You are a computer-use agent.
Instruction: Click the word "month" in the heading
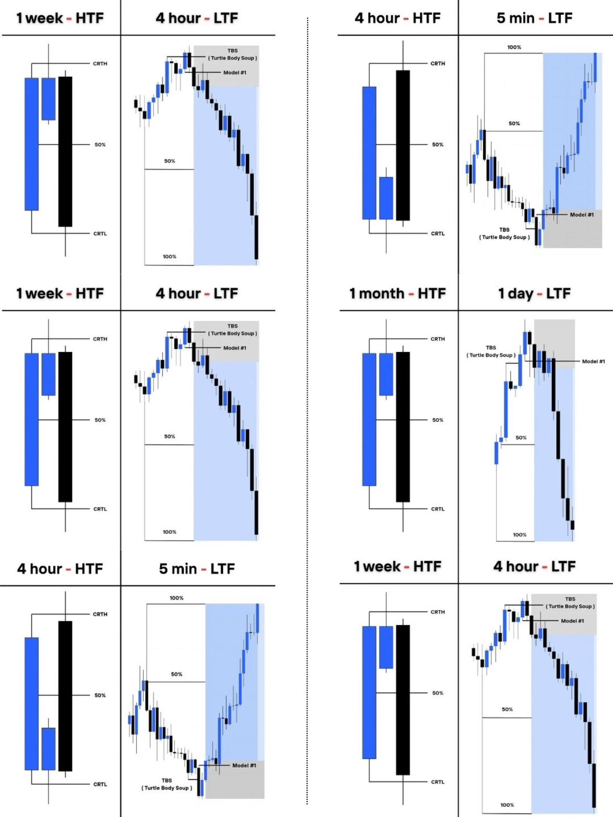pyautogui.click(x=381, y=294)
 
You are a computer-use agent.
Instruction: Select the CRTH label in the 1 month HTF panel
pyautogui.click(x=438, y=339)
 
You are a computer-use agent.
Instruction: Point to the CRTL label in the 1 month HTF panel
pyautogui.click(x=438, y=509)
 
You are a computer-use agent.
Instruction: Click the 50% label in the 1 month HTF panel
pyautogui.click(x=438, y=420)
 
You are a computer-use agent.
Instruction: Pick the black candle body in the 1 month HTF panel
pyautogui.click(x=403, y=426)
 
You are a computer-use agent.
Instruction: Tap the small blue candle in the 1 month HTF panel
pyautogui.click(x=386, y=374)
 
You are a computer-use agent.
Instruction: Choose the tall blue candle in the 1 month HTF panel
pyautogui.click(x=369, y=419)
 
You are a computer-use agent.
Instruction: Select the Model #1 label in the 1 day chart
pyautogui.click(x=593, y=362)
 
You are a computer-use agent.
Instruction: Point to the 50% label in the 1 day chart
pyautogui.click(x=521, y=438)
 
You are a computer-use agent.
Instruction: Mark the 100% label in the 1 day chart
pyautogui.click(x=520, y=535)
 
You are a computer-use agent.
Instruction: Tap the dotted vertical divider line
pyautogui.click(x=308, y=408)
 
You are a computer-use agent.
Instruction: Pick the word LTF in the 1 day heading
pyautogui.click(x=558, y=294)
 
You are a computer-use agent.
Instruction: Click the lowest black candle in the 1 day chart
pyautogui.click(x=573, y=525)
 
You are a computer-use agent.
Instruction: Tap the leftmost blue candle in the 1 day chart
pyautogui.click(x=496, y=452)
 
